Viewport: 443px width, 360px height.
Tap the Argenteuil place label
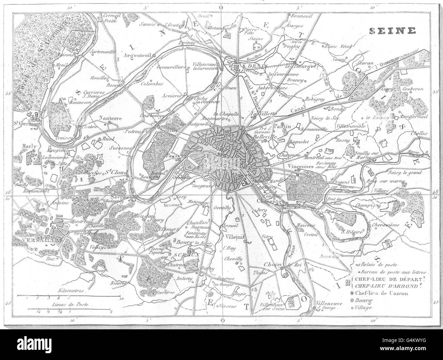coord(142,55)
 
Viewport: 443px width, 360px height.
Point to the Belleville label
coord(264,135)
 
